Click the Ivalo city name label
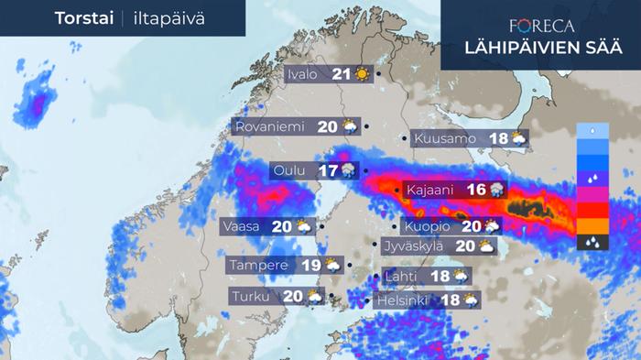click(x=302, y=75)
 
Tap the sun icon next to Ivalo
click(x=364, y=75)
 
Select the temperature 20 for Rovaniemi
click(x=327, y=127)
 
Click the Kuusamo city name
click(x=445, y=139)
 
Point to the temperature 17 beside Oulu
click(x=328, y=170)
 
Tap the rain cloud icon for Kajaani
click(x=496, y=190)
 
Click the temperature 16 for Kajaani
click(x=475, y=190)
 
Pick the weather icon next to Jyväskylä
click(x=485, y=245)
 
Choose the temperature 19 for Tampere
click(x=310, y=266)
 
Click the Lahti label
click(x=404, y=276)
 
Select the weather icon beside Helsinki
click(x=470, y=300)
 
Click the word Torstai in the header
click(x=82, y=18)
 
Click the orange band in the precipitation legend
click(x=592, y=224)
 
